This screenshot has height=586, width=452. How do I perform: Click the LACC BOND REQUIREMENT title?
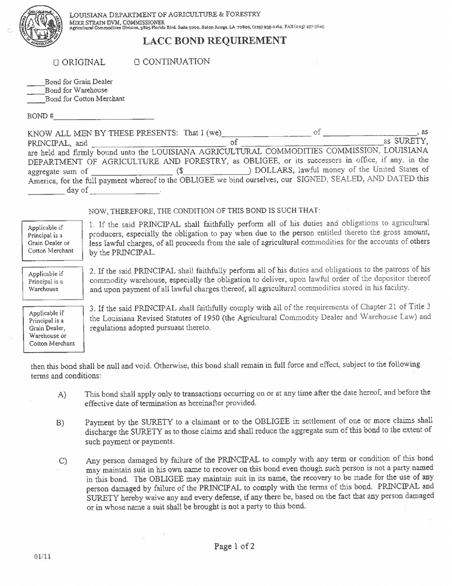coord(215,40)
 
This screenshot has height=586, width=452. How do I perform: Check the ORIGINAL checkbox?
coord(56,62)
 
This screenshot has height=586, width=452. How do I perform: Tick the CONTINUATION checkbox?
coord(137,61)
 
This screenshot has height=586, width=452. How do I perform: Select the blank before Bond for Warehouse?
coord(36,91)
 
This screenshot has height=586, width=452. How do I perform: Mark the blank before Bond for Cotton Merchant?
coord(36,100)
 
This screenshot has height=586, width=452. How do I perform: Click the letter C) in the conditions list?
coord(63,461)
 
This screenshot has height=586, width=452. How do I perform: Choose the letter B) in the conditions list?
coord(60,423)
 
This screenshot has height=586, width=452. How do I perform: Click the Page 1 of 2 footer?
coord(234,546)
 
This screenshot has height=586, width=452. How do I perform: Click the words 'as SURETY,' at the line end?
coord(406,141)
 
